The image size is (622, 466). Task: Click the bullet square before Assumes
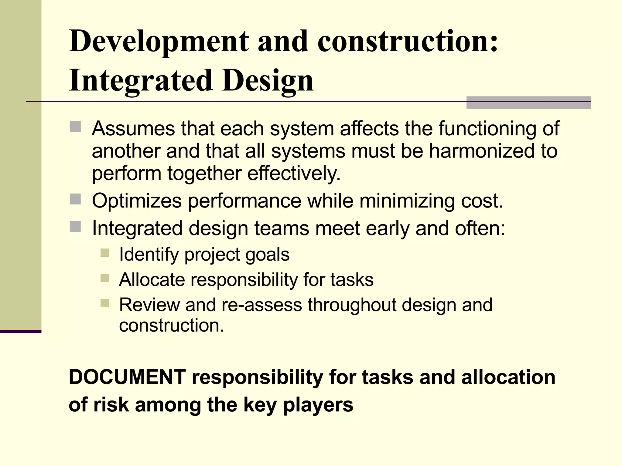point(75,127)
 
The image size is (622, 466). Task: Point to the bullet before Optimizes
point(75,199)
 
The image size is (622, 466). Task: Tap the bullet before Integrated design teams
point(75,227)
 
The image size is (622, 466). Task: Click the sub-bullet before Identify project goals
point(104,253)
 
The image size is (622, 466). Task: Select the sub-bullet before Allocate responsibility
point(104,278)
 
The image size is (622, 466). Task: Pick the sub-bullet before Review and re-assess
point(104,303)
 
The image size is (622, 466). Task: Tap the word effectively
point(294,174)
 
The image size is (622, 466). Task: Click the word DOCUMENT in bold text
point(127,377)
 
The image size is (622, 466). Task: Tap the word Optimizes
point(137,201)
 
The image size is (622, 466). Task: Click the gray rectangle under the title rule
point(528,103)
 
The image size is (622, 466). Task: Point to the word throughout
point(352,305)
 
